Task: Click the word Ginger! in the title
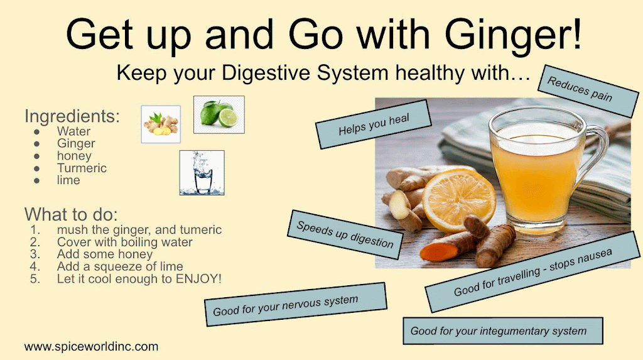click(x=513, y=35)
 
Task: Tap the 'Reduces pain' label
click(x=588, y=90)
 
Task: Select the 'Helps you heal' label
click(x=374, y=124)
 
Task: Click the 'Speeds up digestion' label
click(x=345, y=235)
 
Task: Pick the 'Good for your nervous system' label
click(x=295, y=304)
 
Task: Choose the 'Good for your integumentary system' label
click(x=503, y=331)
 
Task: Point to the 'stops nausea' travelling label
click(x=532, y=272)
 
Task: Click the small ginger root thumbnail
click(x=161, y=124)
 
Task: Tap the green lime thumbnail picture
click(x=219, y=114)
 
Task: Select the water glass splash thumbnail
click(x=202, y=172)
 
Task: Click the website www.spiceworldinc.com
click(x=91, y=346)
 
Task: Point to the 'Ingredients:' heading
click(x=72, y=116)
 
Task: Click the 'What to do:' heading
click(x=71, y=214)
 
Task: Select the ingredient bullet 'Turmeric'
click(x=82, y=168)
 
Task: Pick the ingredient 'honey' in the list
click(x=74, y=156)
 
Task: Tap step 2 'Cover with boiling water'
click(x=125, y=242)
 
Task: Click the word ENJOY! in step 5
click(x=198, y=279)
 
